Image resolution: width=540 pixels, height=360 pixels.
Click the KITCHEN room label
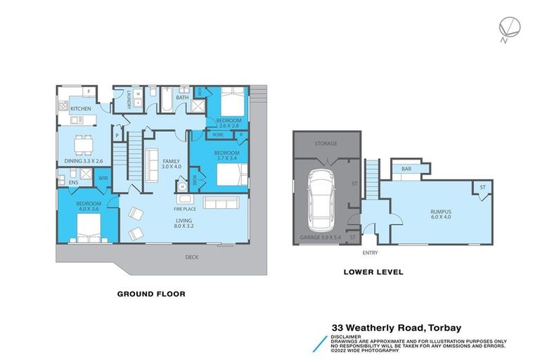coord(80,109)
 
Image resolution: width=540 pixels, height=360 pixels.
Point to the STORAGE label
coord(326,143)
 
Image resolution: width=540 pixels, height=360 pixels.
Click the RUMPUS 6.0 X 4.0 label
coord(441,214)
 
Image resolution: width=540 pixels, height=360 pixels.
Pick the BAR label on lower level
coord(406,169)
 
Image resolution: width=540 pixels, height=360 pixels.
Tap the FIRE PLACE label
coord(185,210)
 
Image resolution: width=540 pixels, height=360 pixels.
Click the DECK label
coord(191,257)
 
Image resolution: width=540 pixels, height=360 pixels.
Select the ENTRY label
coord(370,252)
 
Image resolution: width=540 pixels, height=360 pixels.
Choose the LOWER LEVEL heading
coord(373,271)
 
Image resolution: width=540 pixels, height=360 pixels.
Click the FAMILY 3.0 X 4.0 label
coord(172,164)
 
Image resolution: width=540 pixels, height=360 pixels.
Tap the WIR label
coord(103,179)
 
